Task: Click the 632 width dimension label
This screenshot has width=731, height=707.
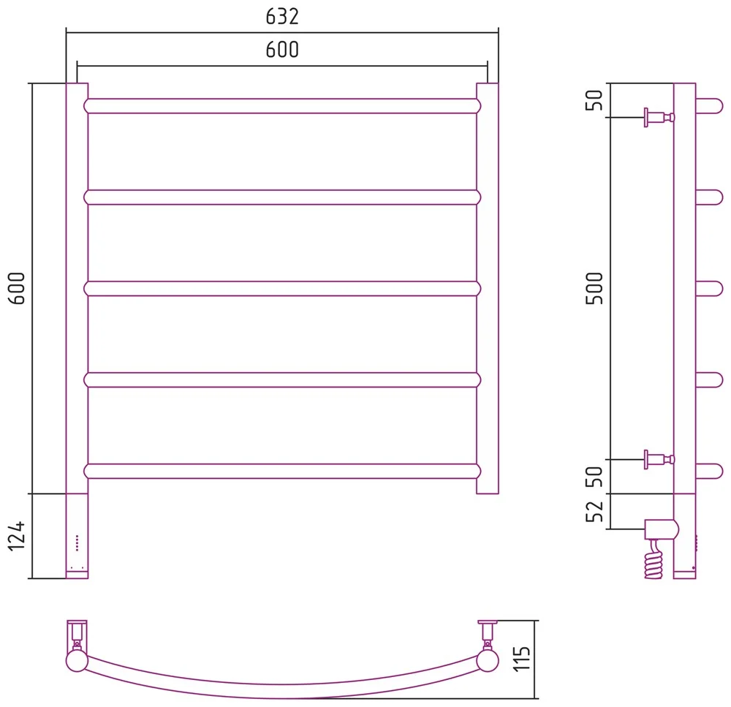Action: point(282,17)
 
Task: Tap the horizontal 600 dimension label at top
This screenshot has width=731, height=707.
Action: point(282,50)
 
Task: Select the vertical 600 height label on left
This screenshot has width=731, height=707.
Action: point(17,288)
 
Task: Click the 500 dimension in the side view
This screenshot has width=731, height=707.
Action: point(594,288)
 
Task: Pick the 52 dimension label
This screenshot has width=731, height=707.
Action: point(594,511)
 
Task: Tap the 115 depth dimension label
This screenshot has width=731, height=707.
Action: point(522,659)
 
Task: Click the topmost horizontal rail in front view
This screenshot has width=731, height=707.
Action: point(282,106)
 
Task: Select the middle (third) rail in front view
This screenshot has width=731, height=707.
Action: point(282,289)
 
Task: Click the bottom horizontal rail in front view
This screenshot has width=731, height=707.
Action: point(282,471)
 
